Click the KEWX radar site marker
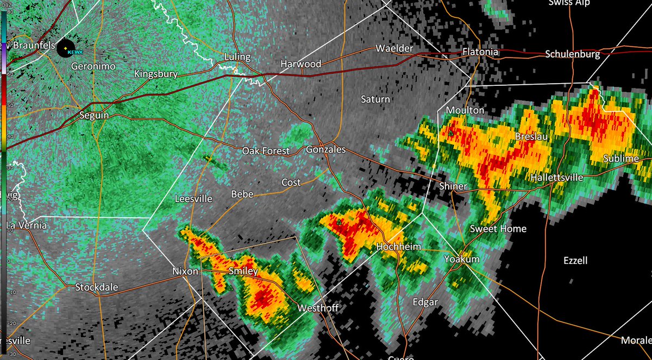(65, 49)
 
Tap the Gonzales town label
(325, 149)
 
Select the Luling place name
(237, 57)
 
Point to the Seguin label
(94, 116)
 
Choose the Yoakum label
(461, 259)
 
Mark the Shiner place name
(453, 186)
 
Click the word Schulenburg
(573, 54)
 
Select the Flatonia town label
(480, 52)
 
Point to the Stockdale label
(96, 287)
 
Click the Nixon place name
(185, 271)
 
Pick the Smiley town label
(243, 271)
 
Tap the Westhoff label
(318, 308)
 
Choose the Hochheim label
(398, 247)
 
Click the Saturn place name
(375, 99)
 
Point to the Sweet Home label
(498, 229)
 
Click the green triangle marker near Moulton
(450, 132)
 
